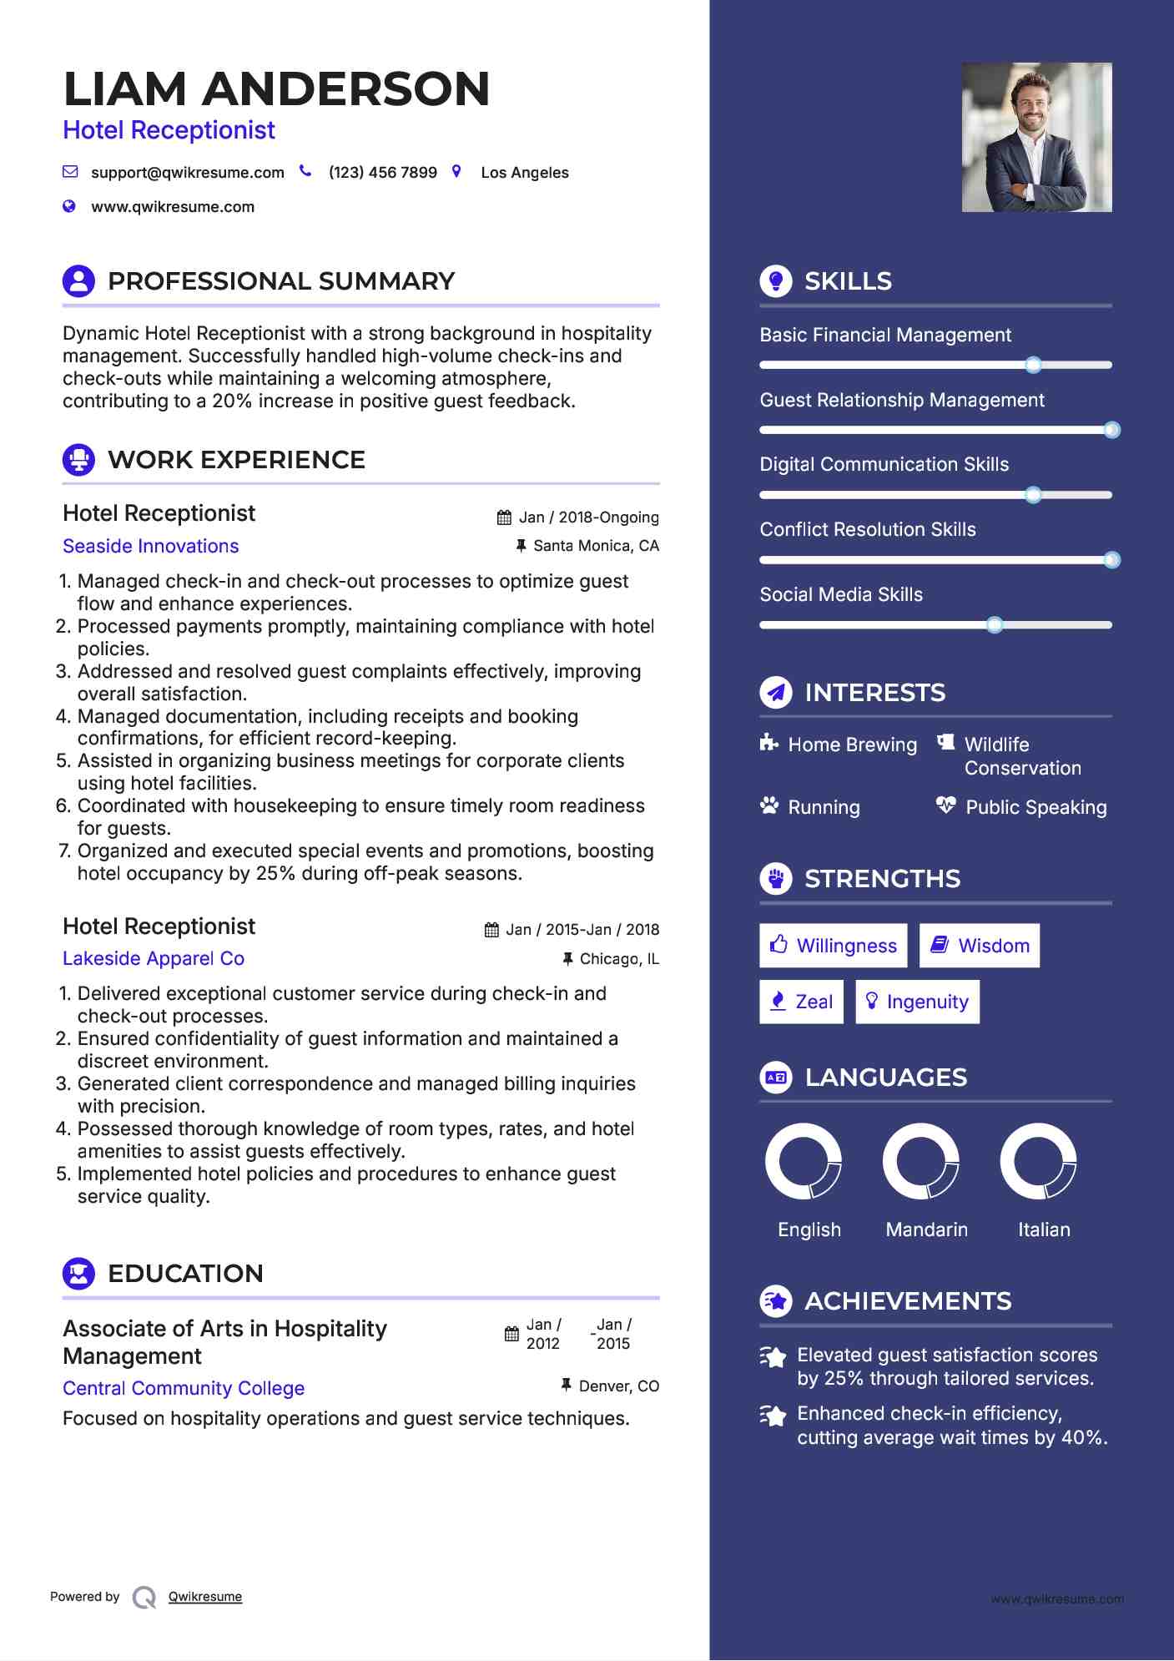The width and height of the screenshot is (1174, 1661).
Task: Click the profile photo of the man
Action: [1036, 137]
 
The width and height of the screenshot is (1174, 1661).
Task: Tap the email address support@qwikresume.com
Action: [187, 173]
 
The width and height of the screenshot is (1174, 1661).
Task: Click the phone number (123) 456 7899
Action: [382, 173]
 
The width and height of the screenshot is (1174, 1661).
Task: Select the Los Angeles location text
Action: [524, 173]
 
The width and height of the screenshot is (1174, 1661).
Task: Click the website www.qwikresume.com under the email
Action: [173, 207]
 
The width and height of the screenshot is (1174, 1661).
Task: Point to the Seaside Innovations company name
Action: [151, 546]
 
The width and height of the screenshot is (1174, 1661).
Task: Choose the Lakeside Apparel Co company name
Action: [154, 958]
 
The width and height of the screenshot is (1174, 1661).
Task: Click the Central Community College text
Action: [184, 1388]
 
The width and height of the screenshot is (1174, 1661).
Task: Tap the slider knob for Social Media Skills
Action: [994, 624]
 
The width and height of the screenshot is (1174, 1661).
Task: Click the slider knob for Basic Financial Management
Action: [1033, 365]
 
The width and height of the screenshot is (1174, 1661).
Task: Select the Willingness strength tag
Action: [833, 946]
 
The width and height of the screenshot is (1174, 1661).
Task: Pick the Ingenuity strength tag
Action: [917, 1002]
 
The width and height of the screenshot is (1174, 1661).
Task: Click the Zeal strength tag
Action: [801, 1002]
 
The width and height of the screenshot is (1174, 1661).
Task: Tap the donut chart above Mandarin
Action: [920, 1161]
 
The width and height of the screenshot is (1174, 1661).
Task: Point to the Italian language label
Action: [1043, 1229]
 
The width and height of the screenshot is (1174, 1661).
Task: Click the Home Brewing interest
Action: [851, 745]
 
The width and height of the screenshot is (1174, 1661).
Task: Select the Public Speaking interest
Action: [1035, 807]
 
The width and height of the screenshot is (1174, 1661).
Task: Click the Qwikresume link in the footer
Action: [205, 1597]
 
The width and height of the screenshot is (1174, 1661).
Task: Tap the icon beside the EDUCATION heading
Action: [78, 1274]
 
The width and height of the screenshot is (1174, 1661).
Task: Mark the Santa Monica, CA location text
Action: [596, 546]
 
